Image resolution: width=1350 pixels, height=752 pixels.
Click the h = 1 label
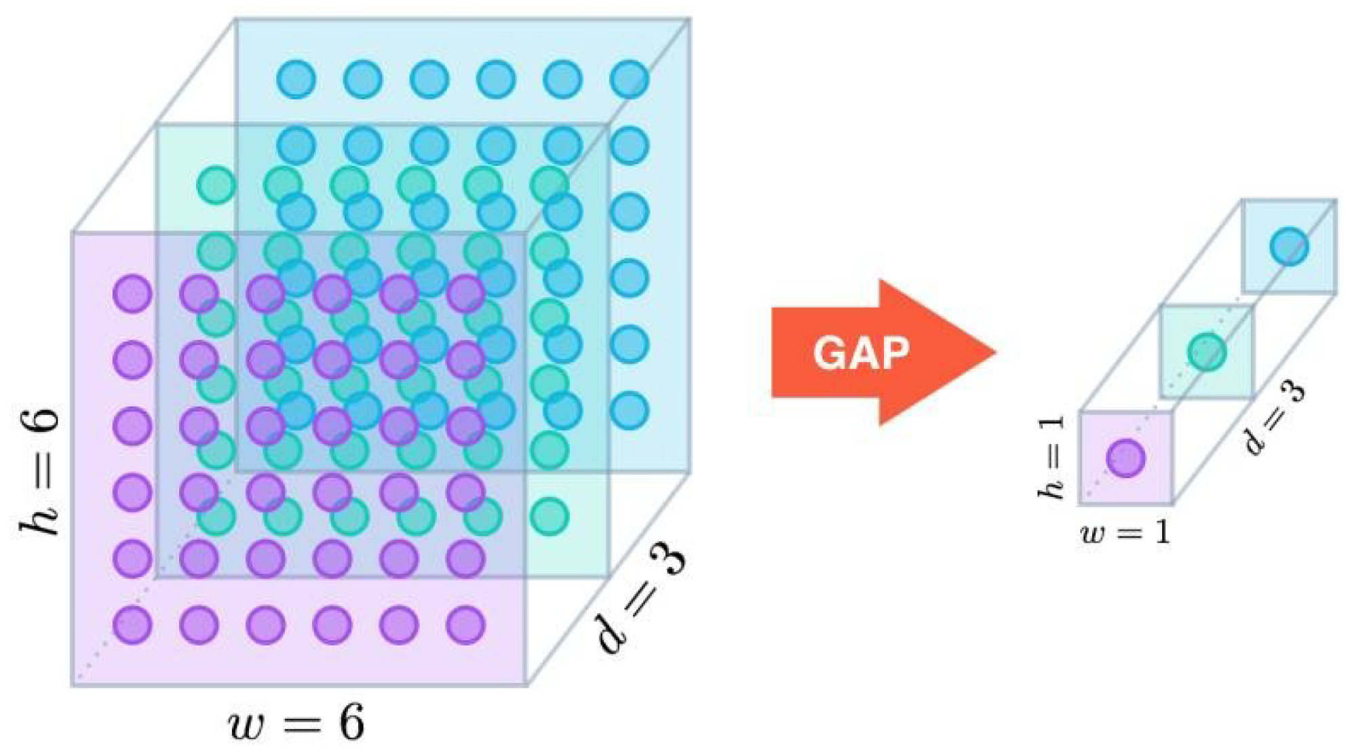tap(1052, 458)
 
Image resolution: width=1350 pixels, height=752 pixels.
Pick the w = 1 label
tap(1125, 533)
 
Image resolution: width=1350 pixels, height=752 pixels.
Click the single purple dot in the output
tap(1125, 458)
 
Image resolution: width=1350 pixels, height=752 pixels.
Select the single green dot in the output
tap(1207, 351)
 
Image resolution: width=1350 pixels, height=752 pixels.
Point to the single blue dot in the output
tap(1289, 245)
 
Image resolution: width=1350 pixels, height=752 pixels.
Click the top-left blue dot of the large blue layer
tap(296, 79)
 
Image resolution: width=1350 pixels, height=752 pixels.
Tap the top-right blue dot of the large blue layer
tap(630, 79)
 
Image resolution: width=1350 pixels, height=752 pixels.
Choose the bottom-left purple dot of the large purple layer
tap(132, 625)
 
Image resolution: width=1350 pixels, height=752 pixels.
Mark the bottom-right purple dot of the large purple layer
tap(465, 625)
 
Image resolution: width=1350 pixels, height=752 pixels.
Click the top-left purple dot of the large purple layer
tap(132, 294)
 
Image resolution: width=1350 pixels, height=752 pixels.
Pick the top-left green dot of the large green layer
tap(216, 184)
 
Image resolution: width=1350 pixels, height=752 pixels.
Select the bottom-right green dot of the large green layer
tap(549, 517)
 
